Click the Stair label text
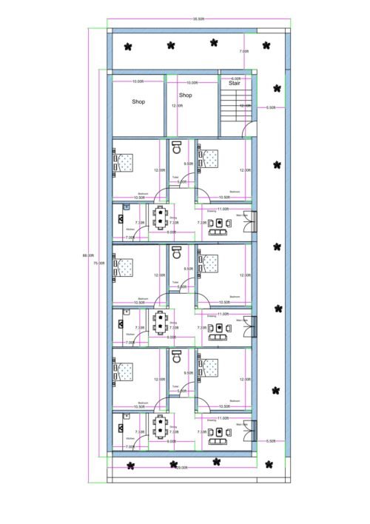coord(235,84)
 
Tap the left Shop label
coord(138,101)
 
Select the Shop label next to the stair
coord(186,95)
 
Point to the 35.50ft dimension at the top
coord(198,19)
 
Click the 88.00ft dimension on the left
coord(86,256)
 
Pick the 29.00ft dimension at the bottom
coord(181,467)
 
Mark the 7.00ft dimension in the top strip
coord(244,51)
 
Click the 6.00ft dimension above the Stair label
coord(235,78)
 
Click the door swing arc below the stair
coord(252,131)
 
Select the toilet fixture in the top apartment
coord(177,148)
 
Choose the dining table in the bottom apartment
coord(161,427)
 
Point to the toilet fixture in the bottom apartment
coord(177,357)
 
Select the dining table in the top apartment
coord(161,217)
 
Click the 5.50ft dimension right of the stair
coord(271,107)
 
